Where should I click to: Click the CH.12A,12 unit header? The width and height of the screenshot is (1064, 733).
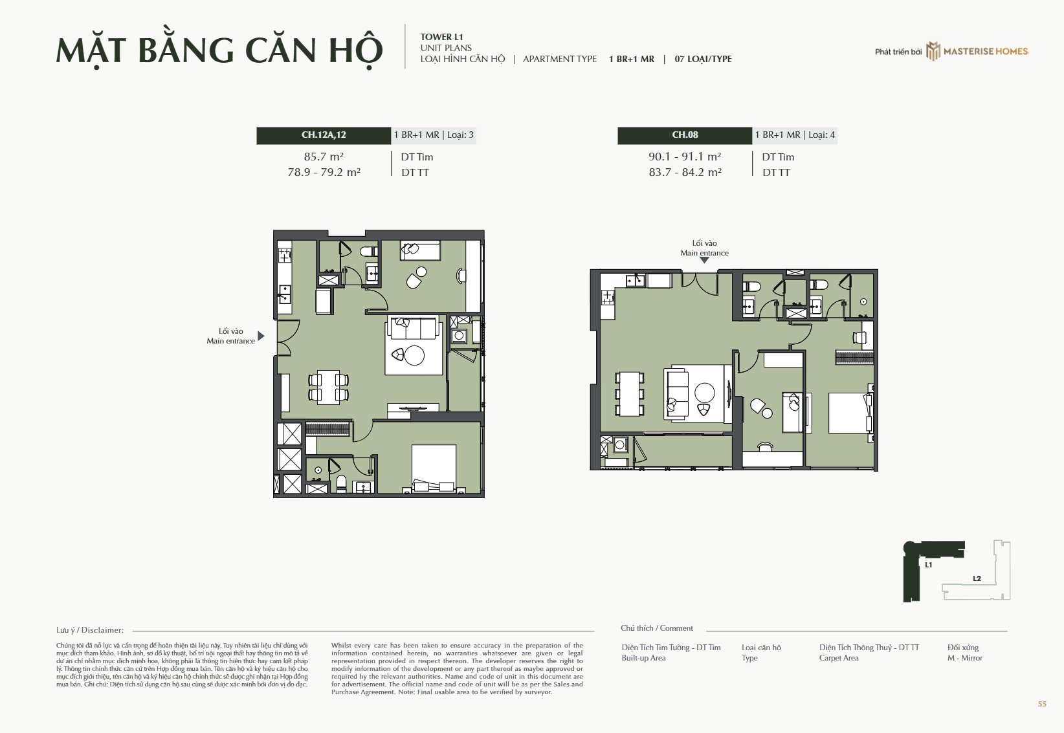tap(324, 135)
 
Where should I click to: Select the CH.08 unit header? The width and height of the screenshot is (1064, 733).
tap(685, 135)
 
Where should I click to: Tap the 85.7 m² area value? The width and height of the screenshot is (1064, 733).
tap(324, 156)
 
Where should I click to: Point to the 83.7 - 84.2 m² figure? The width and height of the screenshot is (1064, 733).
tap(685, 172)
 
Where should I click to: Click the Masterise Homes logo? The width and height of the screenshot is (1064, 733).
tap(977, 51)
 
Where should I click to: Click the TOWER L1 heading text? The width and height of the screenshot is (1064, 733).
tap(441, 37)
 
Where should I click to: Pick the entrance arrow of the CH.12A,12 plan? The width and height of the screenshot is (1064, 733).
tap(261, 336)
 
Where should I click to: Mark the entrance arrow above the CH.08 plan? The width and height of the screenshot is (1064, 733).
tap(704, 259)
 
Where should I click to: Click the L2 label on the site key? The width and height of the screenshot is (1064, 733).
tap(977, 578)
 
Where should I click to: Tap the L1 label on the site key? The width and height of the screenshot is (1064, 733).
tap(928, 565)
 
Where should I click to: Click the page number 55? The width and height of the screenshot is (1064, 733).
tap(1042, 704)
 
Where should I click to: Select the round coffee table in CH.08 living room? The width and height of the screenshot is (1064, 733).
tap(704, 393)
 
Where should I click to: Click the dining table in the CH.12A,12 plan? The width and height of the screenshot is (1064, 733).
tap(328, 387)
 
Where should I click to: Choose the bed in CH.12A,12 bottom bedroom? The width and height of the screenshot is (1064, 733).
tap(434, 468)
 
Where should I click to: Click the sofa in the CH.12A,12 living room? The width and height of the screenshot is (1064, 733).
tap(413, 328)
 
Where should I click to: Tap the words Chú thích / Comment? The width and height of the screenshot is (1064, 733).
tap(656, 628)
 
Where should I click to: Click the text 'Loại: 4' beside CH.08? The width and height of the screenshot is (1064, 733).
tap(821, 135)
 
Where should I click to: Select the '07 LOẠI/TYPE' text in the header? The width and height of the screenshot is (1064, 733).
tap(703, 60)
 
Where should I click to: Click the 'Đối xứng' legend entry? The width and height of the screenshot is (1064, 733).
tap(963, 648)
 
